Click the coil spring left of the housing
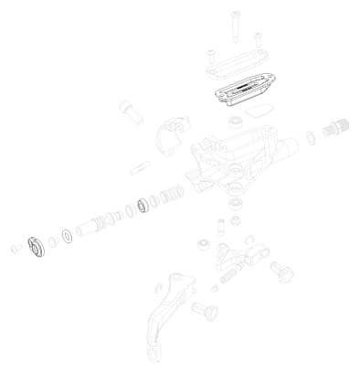click(x=170, y=197)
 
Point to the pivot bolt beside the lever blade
click(x=208, y=312)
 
